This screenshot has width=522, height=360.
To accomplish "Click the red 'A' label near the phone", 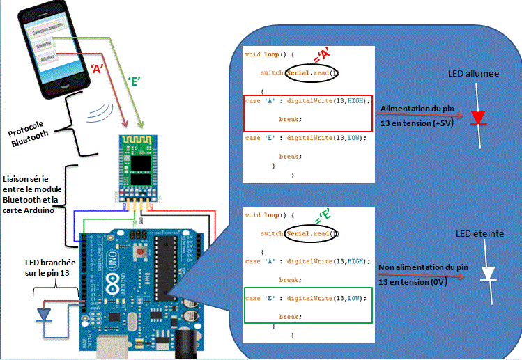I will [x=98, y=68].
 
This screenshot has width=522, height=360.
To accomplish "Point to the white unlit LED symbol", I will [x=489, y=274].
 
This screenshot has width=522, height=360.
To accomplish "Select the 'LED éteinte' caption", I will [x=479, y=234].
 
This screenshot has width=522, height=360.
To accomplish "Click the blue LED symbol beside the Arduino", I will [x=44, y=315].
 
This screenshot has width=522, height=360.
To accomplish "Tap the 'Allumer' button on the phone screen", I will [x=48, y=59].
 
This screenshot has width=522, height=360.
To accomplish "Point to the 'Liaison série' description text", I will [x=29, y=195].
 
